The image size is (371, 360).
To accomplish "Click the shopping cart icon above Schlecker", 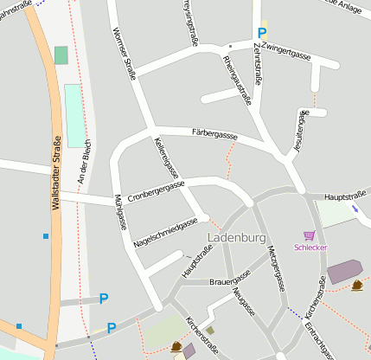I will point(309,235).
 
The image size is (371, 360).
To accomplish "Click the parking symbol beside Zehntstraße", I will point(261,34).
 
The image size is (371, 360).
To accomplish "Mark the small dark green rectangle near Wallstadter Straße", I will point(61,55).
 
